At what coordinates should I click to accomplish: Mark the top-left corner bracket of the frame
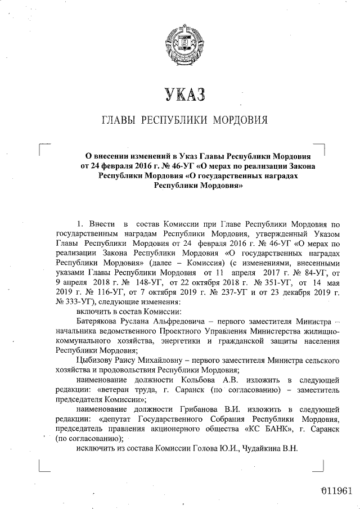[x=43, y=148]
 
